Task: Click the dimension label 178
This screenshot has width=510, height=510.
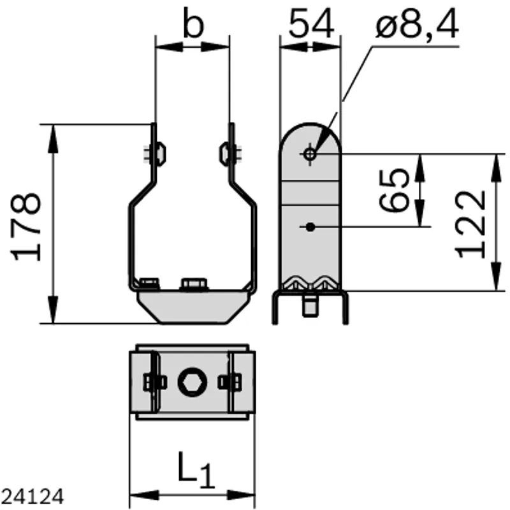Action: tap(26, 227)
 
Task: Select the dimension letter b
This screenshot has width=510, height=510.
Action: tap(193, 23)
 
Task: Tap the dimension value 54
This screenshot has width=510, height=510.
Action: tap(311, 24)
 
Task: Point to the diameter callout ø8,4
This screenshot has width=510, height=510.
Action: tap(418, 24)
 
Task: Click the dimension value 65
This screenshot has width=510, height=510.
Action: tap(393, 190)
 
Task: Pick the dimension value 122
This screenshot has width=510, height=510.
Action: tap(470, 224)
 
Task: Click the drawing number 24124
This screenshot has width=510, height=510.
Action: tap(33, 497)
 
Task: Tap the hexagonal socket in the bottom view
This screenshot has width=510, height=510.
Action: tap(193, 382)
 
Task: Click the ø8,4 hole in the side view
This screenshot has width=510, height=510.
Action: tap(310, 154)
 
